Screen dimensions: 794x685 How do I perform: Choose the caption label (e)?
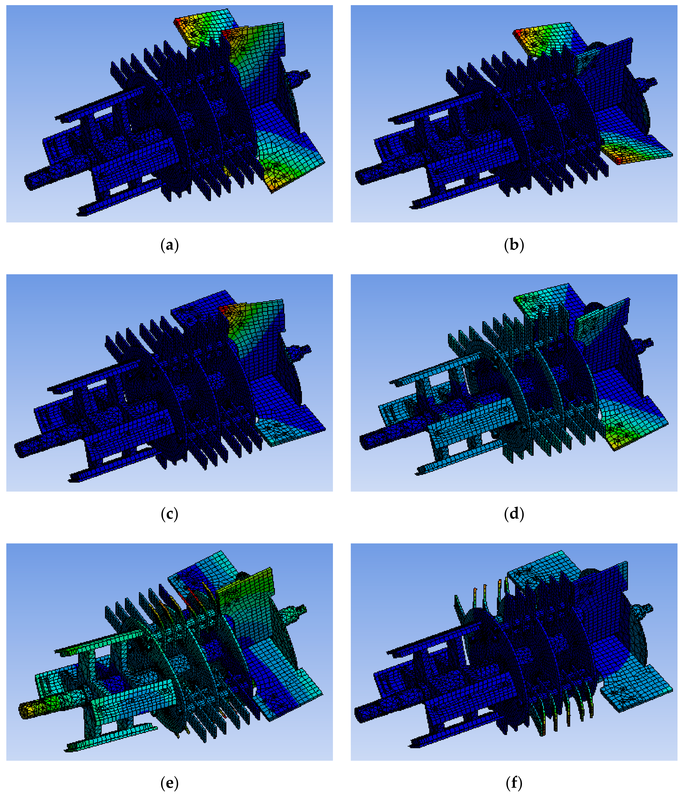coord(170,783)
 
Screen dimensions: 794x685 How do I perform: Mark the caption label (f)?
coord(514,783)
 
